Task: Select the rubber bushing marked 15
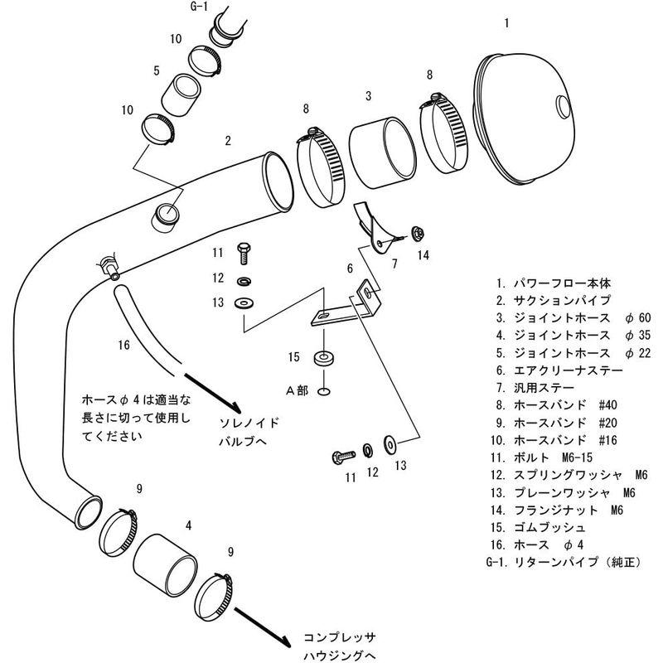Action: [323, 359]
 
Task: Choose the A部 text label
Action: [297, 390]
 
